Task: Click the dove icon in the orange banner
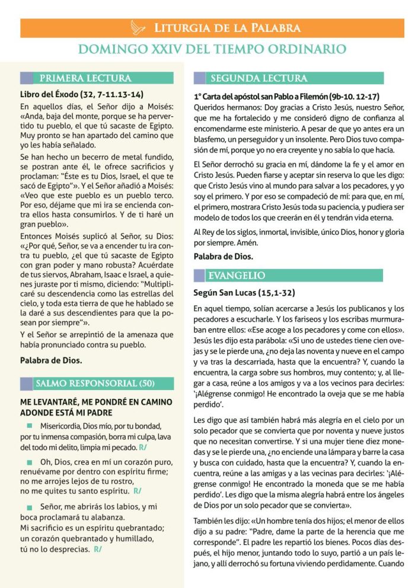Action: pos(138,27)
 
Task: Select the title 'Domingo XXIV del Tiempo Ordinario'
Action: pos(212,50)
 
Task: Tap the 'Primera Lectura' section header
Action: pos(85,78)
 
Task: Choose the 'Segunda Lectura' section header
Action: pos(259,78)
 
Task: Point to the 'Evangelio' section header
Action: pos(244,276)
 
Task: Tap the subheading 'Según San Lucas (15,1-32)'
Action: pos(244,293)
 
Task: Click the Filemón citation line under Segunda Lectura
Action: pos(286,96)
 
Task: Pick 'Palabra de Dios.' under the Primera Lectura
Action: pos(51,360)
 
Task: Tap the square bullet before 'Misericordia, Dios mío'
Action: pos(29,426)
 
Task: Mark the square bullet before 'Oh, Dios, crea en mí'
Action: pos(29,461)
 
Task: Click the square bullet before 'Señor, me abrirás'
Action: pos(29,507)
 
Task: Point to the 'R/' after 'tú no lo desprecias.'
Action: pos(97,549)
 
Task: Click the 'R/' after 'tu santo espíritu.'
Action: pos(138,491)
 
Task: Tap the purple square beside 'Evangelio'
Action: pos(199,276)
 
